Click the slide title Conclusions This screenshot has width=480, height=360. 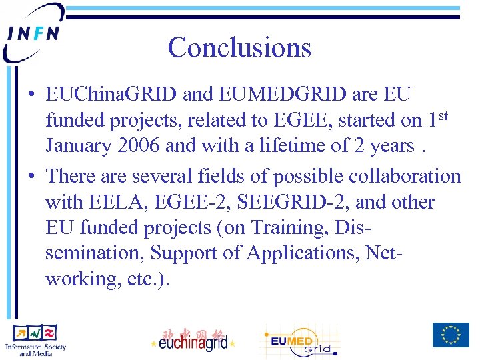tap(239, 47)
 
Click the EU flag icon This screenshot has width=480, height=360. tap(450, 335)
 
